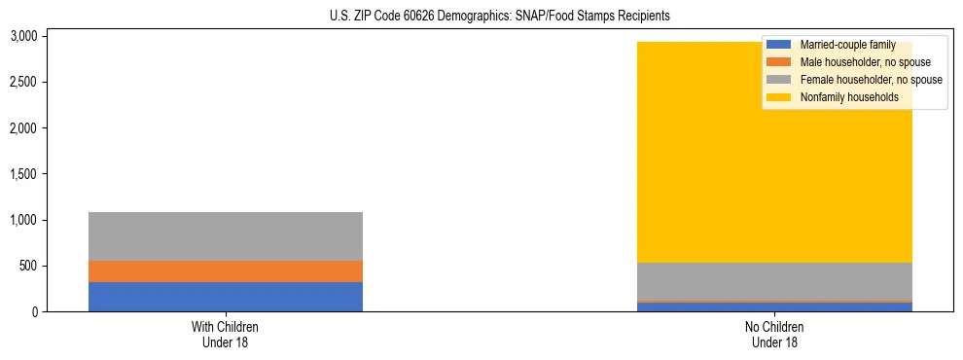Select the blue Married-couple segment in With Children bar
pos(226,297)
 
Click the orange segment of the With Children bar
pos(226,271)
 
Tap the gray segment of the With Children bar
pos(226,236)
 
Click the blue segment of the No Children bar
pos(774,307)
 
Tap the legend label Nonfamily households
pos(849,97)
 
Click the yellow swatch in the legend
pos(779,97)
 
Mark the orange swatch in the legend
pos(779,62)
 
